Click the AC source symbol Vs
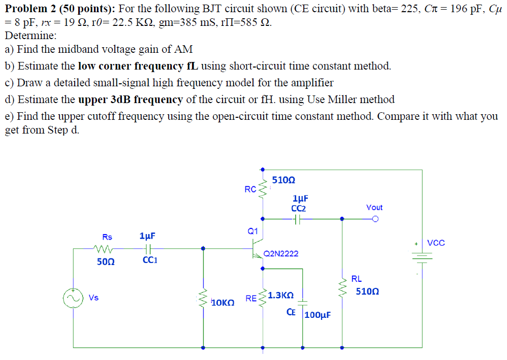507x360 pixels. point(73,298)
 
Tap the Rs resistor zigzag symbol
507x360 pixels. point(107,249)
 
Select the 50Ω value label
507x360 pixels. point(106,261)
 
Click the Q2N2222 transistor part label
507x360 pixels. point(281,253)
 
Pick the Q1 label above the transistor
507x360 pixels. point(253,231)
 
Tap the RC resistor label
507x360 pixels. point(250,189)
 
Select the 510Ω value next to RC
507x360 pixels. point(283,180)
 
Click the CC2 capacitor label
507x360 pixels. point(298,208)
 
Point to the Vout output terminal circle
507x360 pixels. point(375,219)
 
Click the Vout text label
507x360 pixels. point(374,207)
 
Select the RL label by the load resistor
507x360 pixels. point(357,279)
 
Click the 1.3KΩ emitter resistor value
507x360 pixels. point(281,295)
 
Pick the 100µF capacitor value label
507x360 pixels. point(318,315)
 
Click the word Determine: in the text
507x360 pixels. point(30,36)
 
